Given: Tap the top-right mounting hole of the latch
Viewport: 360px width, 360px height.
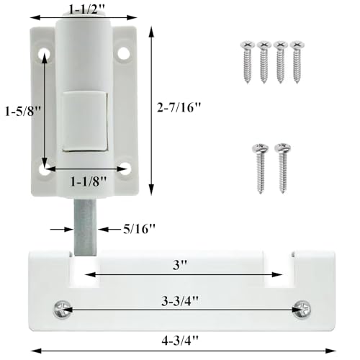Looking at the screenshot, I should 124,52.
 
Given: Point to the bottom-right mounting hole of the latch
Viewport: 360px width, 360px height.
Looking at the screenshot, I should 124,169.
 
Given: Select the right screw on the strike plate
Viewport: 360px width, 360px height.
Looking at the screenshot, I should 300,310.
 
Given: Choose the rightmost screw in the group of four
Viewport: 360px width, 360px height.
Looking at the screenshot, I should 295,63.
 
